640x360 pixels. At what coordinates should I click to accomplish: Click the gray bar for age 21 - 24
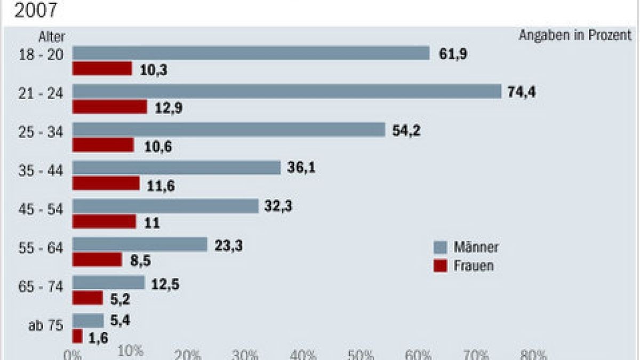[x=287, y=92]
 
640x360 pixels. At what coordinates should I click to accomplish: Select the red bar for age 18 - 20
[x=102, y=69]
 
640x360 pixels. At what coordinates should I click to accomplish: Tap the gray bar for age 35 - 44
[x=177, y=168]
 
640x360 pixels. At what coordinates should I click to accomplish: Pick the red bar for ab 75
[x=77, y=337]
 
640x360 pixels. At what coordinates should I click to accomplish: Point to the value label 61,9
[x=453, y=53]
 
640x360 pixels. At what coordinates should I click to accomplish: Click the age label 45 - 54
[x=47, y=209]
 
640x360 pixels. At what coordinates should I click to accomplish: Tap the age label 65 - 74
[x=47, y=286]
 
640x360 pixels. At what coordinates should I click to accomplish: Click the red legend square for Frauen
[x=440, y=266]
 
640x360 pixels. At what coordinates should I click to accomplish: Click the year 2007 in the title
[x=35, y=10]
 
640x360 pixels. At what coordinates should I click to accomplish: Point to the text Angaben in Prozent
[x=574, y=36]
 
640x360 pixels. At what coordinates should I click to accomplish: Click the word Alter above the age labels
[x=52, y=37]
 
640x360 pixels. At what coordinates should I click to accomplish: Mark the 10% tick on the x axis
[x=130, y=351]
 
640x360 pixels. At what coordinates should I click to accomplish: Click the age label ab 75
[x=46, y=325]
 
